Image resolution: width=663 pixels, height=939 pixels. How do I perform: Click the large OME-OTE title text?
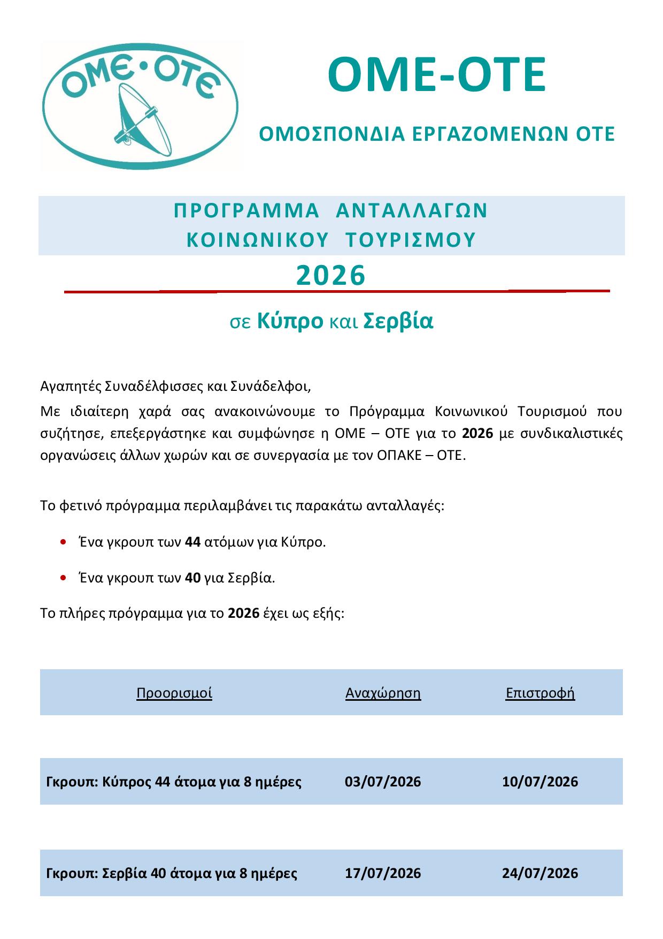[x=436, y=75]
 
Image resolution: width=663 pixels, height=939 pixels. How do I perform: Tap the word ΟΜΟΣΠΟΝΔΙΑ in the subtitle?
[x=331, y=134]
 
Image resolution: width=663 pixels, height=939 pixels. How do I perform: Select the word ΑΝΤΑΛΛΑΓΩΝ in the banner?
[x=412, y=211]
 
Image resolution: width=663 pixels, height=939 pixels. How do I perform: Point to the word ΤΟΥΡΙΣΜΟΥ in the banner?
[x=411, y=240]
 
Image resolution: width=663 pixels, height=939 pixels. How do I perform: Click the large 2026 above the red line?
[x=331, y=276]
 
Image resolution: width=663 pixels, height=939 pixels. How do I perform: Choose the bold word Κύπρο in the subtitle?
[x=290, y=321]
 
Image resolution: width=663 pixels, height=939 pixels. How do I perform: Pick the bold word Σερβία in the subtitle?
[x=398, y=321]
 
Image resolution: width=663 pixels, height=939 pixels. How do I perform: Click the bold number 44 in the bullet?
[x=192, y=542]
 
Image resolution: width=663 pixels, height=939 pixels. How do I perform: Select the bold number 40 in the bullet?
[x=192, y=578]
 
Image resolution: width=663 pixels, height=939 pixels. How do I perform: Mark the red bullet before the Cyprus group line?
[x=64, y=542]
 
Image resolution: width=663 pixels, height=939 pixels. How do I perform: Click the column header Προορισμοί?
[x=174, y=693]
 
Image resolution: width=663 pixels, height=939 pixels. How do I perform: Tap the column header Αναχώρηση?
[x=383, y=693]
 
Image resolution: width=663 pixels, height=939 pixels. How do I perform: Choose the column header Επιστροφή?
[x=540, y=693]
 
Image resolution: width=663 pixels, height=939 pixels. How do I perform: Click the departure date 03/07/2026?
[x=383, y=782]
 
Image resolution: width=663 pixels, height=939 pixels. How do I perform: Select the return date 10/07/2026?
[x=540, y=782]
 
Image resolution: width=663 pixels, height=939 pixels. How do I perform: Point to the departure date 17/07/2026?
[x=383, y=873]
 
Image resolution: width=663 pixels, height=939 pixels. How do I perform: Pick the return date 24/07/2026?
[x=540, y=873]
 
